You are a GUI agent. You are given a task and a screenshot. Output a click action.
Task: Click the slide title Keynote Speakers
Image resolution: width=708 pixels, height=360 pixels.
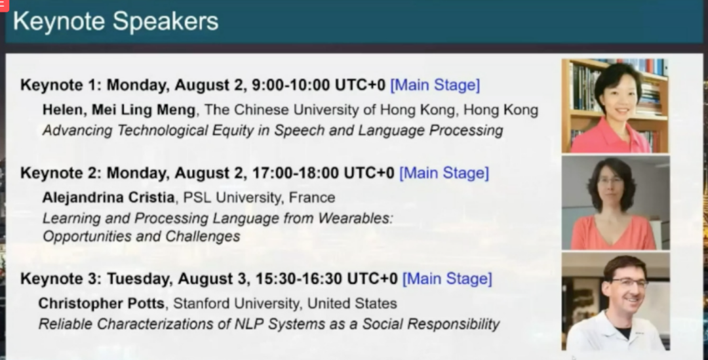pyautogui.click(x=115, y=21)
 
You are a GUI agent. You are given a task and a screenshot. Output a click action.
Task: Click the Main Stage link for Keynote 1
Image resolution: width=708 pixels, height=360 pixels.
pyautogui.click(x=435, y=85)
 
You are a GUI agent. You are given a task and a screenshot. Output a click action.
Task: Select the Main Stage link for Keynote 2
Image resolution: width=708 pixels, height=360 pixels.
pyautogui.click(x=444, y=172)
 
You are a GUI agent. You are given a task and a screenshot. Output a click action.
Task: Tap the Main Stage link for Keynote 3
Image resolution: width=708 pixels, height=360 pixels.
pyautogui.click(x=447, y=279)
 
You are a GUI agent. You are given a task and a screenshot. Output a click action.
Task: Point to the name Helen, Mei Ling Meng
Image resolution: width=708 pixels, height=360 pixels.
pyautogui.click(x=119, y=110)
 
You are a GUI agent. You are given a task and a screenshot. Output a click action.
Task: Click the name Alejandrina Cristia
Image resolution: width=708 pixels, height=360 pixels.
pyautogui.click(x=108, y=197)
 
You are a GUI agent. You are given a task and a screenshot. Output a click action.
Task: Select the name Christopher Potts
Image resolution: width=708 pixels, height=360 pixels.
pyautogui.click(x=101, y=303)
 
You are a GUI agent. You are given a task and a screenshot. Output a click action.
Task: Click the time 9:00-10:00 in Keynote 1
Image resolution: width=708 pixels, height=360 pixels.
pyautogui.click(x=291, y=85)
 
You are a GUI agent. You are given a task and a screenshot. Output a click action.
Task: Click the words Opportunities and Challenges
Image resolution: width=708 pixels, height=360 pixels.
pyautogui.click(x=142, y=236)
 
